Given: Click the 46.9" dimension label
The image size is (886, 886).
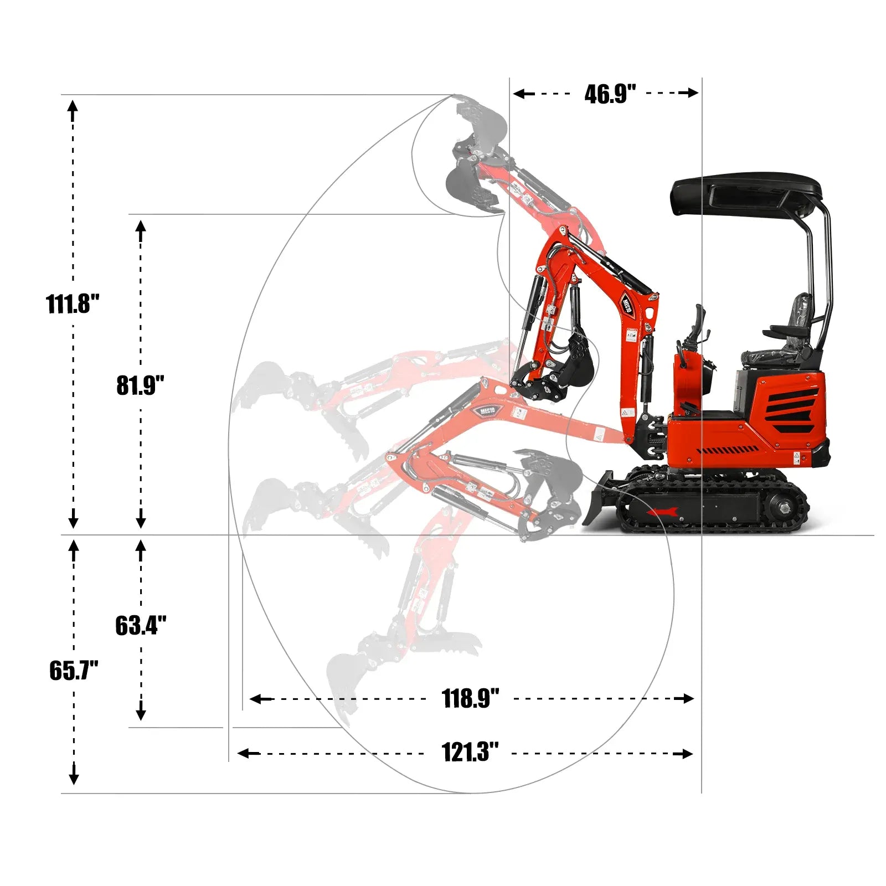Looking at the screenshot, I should point(610,94).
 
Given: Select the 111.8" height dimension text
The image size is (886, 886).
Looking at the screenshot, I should point(73,304).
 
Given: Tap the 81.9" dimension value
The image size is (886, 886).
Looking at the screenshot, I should point(140,385).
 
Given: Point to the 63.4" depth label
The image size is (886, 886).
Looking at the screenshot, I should point(141,625).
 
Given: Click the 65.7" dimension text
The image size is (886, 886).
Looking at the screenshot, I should point(74,671).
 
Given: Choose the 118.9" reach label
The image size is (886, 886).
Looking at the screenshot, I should point(470,698).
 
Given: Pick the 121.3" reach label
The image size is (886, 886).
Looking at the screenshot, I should point(470,753).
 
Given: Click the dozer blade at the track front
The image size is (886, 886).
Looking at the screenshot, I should point(598,498).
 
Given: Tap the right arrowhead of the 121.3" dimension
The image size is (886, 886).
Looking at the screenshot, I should point(688,753).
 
